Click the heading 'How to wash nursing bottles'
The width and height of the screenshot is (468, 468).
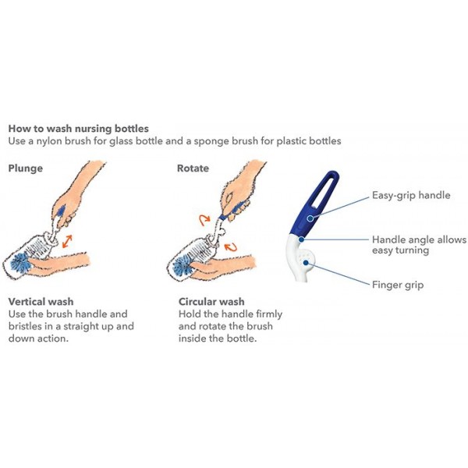(78, 128)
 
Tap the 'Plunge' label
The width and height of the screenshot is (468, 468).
(25, 168)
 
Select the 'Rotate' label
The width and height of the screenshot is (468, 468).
(193, 168)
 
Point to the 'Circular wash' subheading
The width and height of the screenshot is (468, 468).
(211, 301)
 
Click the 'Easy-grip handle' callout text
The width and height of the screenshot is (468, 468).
(411, 196)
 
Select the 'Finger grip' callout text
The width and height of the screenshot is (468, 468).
(398, 285)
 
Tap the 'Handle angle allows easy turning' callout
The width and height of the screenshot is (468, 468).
(418, 245)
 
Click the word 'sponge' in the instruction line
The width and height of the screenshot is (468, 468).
(223, 141)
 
